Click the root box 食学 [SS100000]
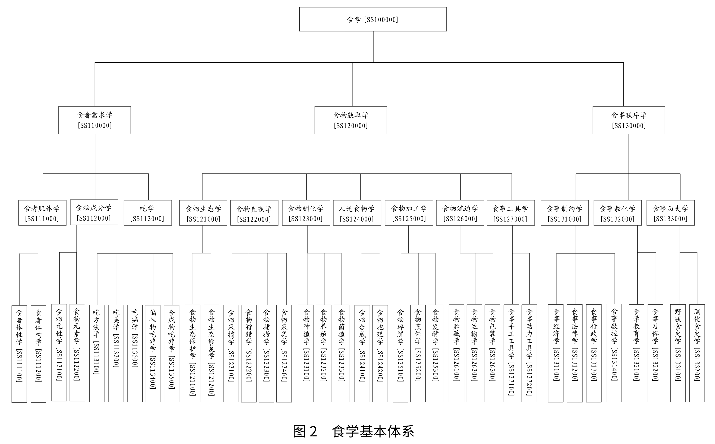[373, 19]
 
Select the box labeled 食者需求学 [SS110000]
[94, 120]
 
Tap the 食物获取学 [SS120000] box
[350, 120]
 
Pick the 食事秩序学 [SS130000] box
[628, 120]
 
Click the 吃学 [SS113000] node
[148, 213]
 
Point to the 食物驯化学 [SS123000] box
[306, 213]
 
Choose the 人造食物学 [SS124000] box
[357, 213]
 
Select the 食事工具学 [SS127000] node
[511, 213]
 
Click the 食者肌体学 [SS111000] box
[42, 213]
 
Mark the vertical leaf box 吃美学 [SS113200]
[116, 354]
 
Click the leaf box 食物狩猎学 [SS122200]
[249, 354]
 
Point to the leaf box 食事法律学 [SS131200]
[574, 354]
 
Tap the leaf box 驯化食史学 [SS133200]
[697, 353]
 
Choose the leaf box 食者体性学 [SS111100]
[19, 354]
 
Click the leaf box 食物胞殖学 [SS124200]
[380, 354]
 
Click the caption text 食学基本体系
[373, 431]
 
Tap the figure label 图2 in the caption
[305, 431]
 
